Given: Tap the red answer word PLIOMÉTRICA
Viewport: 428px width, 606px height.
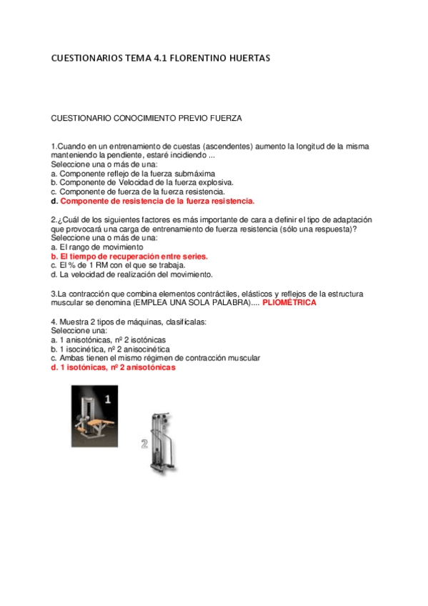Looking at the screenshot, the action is [x=289, y=302].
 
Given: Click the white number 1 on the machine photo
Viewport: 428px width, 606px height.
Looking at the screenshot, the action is [x=108, y=399].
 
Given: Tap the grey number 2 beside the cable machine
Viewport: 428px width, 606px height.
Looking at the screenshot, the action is [x=144, y=444].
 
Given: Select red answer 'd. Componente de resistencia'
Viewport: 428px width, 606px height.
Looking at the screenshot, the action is [x=153, y=201].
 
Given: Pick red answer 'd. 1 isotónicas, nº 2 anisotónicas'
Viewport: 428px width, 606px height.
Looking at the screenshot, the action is [x=113, y=367].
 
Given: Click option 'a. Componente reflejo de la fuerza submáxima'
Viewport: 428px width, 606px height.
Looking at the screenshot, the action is [x=133, y=173].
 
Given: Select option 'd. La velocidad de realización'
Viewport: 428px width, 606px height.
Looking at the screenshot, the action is [x=132, y=274].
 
